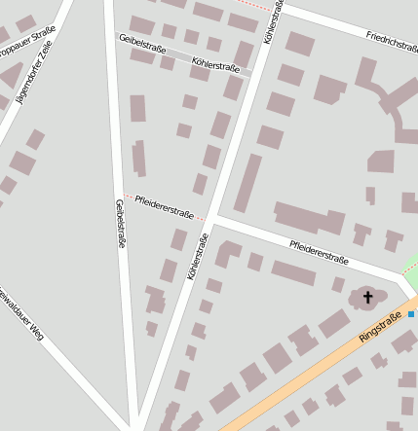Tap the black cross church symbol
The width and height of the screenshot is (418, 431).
pyautogui.click(x=368, y=296)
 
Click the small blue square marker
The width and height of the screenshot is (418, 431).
pyautogui.click(x=411, y=314)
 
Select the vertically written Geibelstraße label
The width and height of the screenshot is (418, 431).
pyautogui.click(x=120, y=224)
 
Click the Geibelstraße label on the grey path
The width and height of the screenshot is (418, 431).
pyautogui.click(x=142, y=44)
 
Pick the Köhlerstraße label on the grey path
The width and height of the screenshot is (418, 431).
pyautogui.click(x=215, y=65)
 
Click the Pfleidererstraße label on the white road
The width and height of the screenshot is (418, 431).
pyautogui.click(x=319, y=252)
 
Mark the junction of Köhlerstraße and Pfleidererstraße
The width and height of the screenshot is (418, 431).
pyautogui.click(x=211, y=218)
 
